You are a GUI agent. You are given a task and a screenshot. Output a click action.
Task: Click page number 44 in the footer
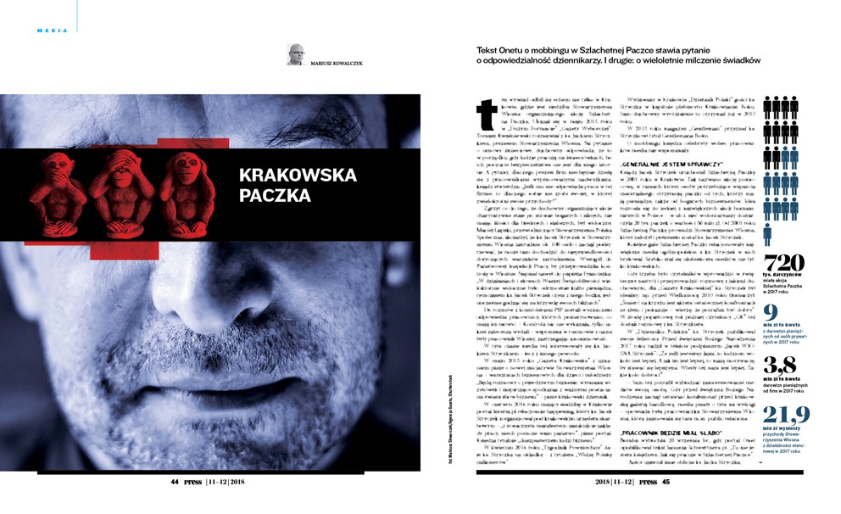pos(175,481)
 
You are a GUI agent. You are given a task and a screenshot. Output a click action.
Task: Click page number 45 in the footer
pos(666,481)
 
